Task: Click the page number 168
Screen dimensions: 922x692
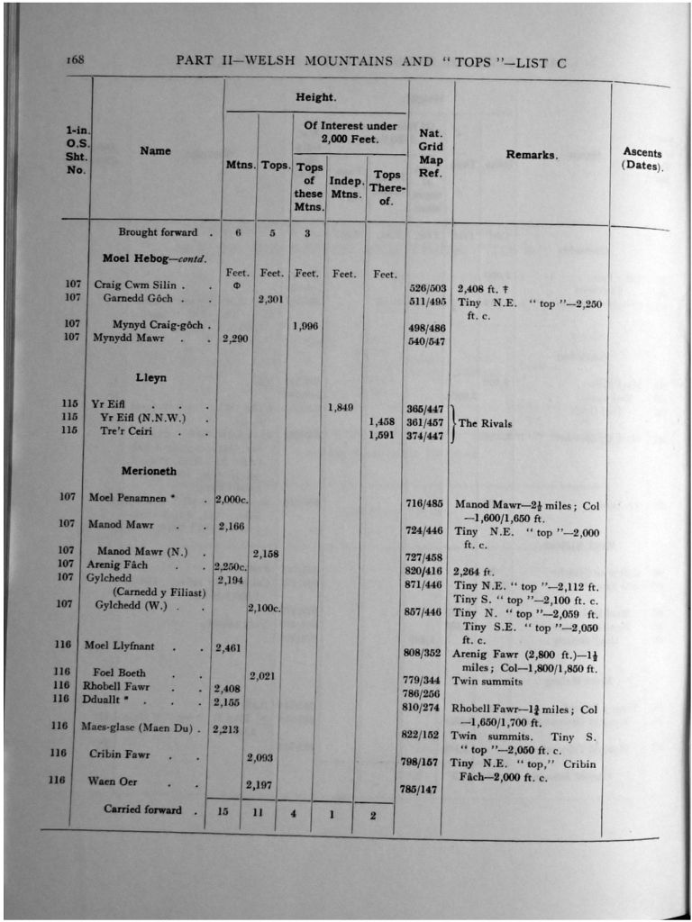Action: click(x=74, y=60)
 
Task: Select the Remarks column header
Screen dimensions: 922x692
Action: click(x=531, y=155)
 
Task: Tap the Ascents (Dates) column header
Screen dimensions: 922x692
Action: click(x=642, y=159)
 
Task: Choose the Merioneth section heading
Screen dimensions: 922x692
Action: click(x=149, y=471)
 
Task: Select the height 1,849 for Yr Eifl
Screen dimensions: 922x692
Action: click(x=339, y=407)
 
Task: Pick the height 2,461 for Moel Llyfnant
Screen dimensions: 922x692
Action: click(x=232, y=646)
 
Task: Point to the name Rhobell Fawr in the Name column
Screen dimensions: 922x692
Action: click(x=116, y=686)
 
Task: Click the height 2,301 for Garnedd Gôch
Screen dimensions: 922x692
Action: click(x=271, y=299)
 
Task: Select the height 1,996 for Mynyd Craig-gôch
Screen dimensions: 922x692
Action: click(x=307, y=326)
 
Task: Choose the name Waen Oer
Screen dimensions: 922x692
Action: click(x=113, y=781)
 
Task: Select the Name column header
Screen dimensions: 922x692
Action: click(x=155, y=150)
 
